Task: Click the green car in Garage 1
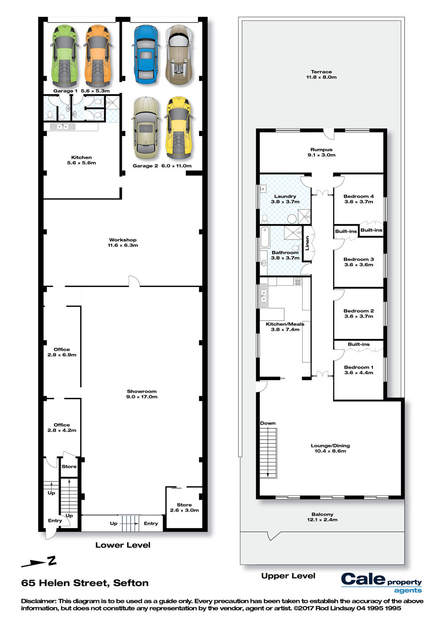point(64,56)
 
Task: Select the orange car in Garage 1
point(98,56)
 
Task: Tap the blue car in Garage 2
point(145,54)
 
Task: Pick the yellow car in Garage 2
point(179,128)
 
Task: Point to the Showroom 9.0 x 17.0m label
point(142,394)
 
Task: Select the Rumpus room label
point(322,152)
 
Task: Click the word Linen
point(307,243)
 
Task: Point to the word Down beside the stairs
point(268,423)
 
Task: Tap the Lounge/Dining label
point(330,448)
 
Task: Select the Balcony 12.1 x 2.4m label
point(322,517)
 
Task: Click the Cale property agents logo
point(381,583)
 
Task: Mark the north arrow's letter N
point(52,561)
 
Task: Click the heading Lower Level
point(123,545)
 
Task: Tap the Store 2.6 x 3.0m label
point(184,508)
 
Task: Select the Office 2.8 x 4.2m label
point(62,428)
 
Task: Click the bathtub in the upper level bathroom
point(265,237)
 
